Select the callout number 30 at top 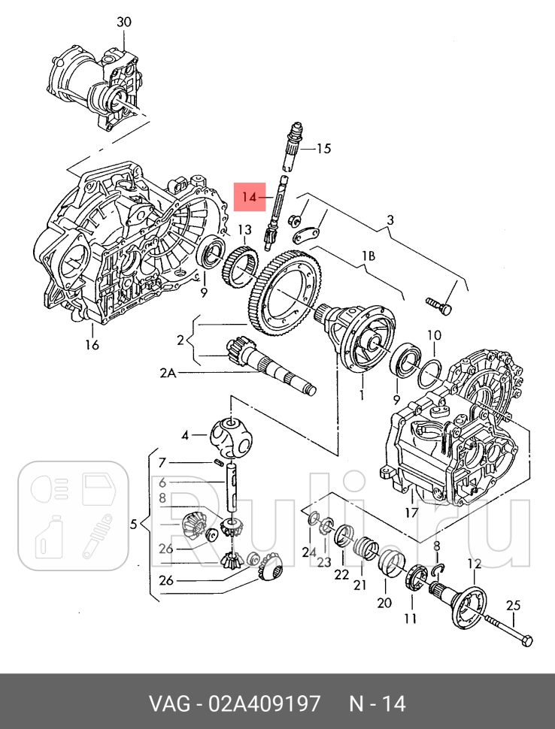[x=123, y=22]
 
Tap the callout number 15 [x=323, y=149]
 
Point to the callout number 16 [x=91, y=345]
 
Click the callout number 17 [x=411, y=513]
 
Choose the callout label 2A [x=166, y=371]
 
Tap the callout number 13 [x=245, y=229]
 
